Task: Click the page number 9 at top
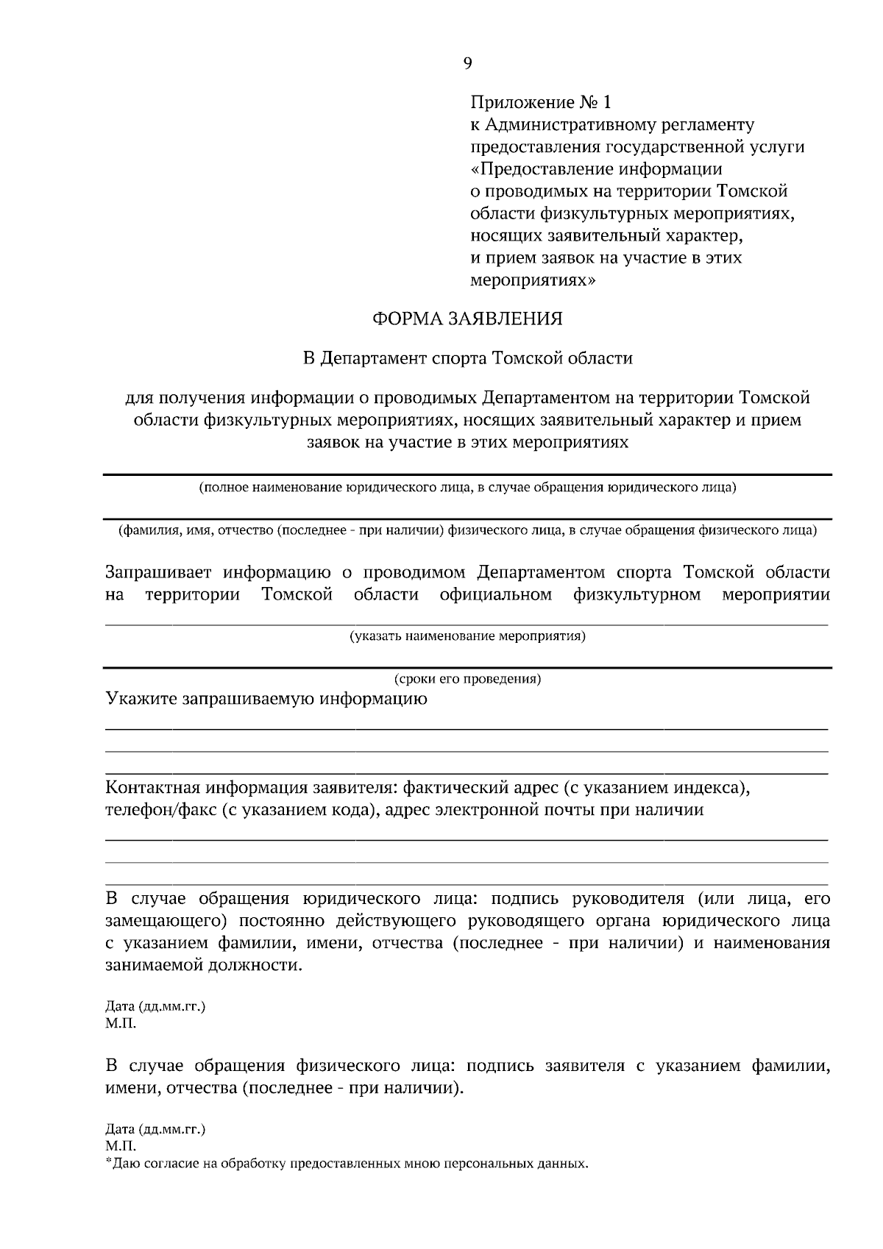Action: (x=467, y=63)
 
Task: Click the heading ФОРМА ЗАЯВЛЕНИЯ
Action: (x=467, y=319)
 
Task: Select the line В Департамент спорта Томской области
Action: (x=468, y=358)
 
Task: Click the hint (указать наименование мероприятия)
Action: (x=467, y=636)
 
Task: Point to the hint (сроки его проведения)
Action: (x=467, y=679)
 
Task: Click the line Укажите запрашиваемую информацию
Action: (x=266, y=699)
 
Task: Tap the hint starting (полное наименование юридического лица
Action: (x=467, y=488)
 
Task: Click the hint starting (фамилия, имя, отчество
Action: (x=467, y=530)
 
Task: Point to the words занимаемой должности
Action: (x=203, y=966)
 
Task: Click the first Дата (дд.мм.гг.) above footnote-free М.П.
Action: (x=155, y=1006)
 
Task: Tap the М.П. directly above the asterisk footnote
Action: (x=121, y=1146)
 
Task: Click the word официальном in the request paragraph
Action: (x=495, y=594)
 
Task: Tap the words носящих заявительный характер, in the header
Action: (x=606, y=236)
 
